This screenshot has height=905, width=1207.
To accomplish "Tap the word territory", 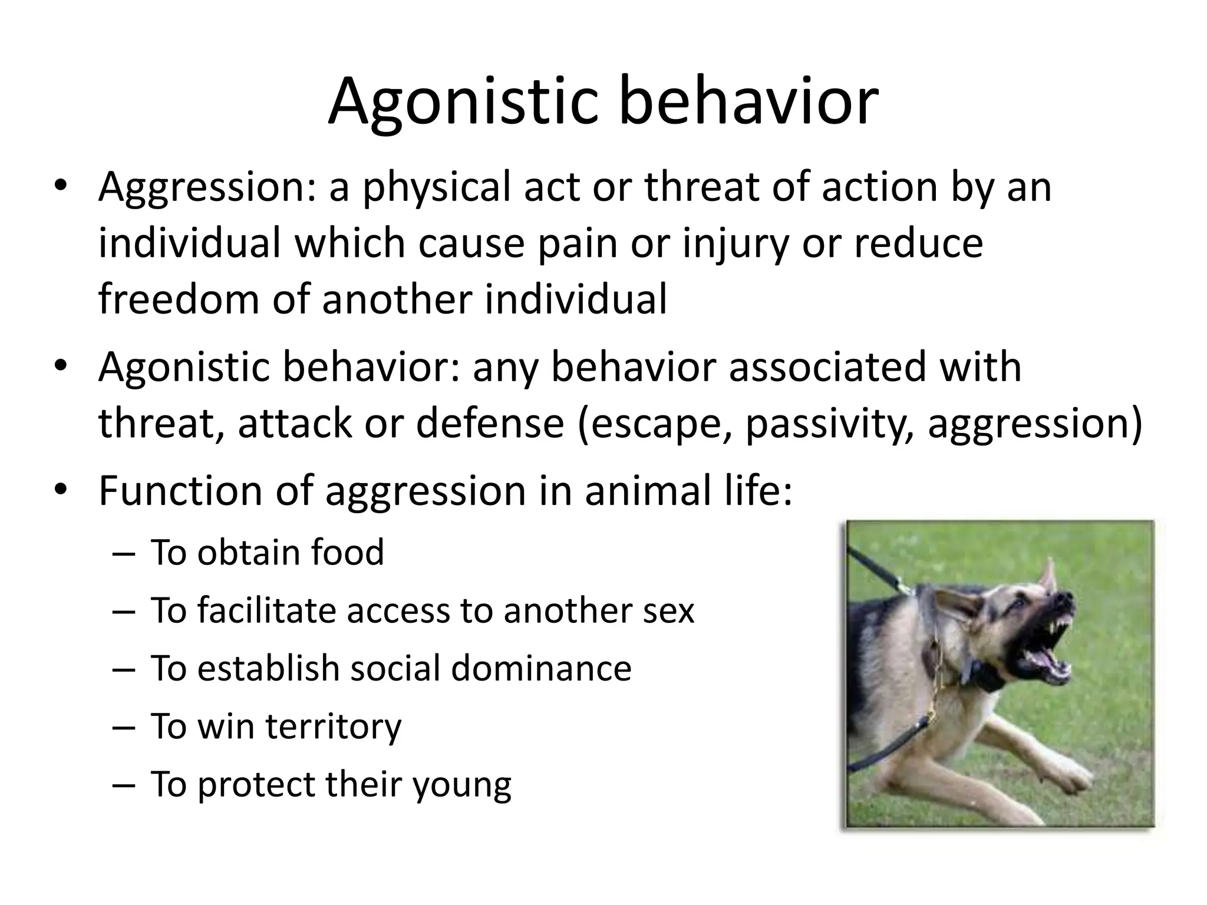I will [x=333, y=726].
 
